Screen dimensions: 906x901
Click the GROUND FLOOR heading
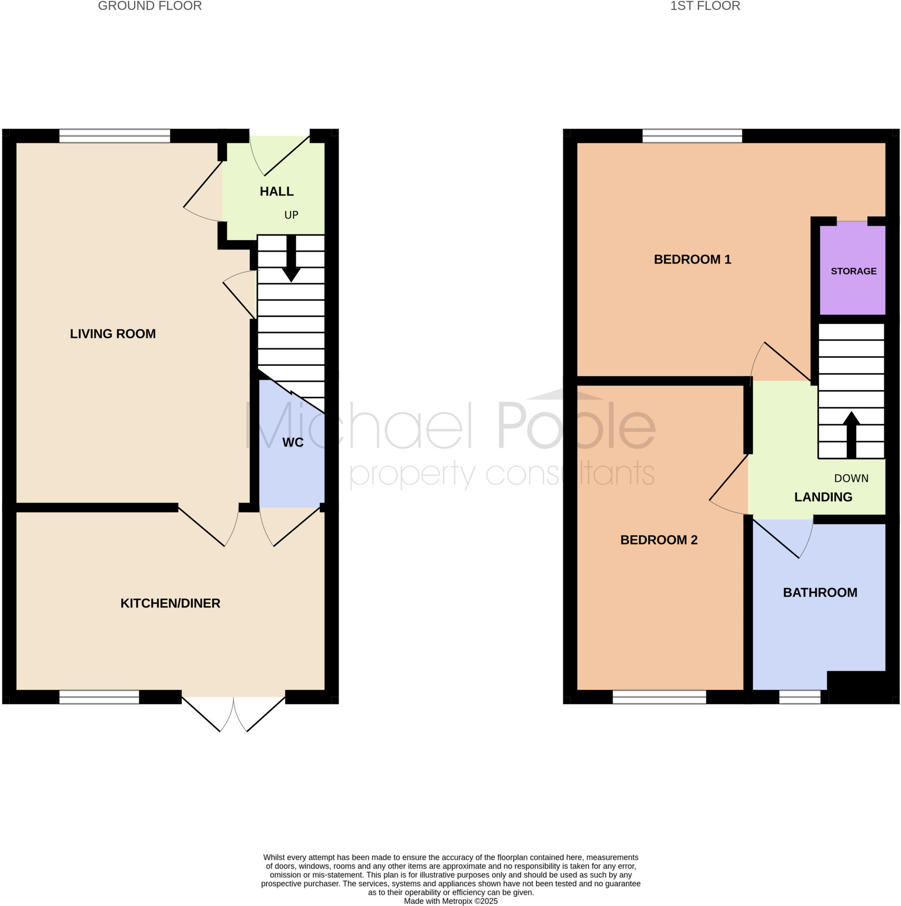click(150, 6)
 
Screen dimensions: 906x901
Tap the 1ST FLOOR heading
click(705, 6)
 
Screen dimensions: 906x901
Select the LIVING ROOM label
click(112, 334)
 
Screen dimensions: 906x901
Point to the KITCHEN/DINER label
click(170, 603)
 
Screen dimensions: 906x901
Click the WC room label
click(293, 442)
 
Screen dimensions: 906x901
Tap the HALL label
click(277, 191)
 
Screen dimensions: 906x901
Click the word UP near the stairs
click(291, 215)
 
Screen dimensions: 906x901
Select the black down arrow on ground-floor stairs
click(291, 260)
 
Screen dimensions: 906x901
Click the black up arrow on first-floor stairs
click(851, 434)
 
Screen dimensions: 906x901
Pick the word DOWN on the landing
click(851, 478)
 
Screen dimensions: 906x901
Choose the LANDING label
click(823, 497)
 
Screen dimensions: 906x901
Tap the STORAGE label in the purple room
click(854, 271)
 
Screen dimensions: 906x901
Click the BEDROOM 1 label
click(692, 259)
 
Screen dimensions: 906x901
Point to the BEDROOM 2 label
click(659, 540)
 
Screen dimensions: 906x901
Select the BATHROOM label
click(820, 592)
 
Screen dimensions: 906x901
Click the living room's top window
click(115, 136)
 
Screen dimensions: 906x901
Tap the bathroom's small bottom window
click(800, 697)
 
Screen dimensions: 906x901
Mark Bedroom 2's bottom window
click(659, 697)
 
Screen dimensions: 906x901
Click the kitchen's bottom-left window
click(99, 697)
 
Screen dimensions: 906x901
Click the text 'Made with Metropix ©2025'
click(451, 901)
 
